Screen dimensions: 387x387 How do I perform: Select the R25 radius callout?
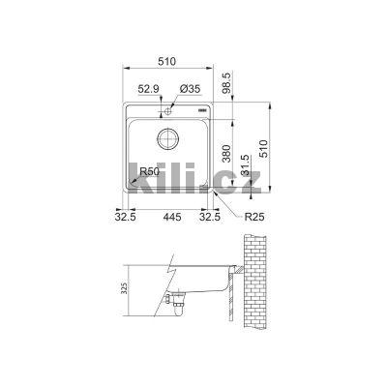254,218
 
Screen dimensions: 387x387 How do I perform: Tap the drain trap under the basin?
175,304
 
